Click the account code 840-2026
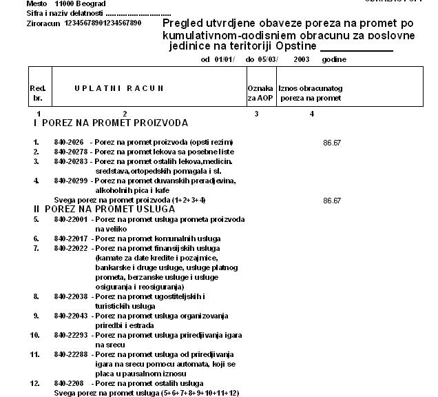click(69, 142)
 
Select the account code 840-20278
click(71, 152)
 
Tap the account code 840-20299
click(71, 181)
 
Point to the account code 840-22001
click(71, 219)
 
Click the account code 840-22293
click(71, 335)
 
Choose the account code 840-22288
click(71, 354)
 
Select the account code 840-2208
click(69, 383)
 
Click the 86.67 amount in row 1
click(332, 142)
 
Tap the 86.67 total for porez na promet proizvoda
click(332, 200)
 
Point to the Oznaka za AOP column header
click(260, 94)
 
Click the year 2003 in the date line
click(301, 60)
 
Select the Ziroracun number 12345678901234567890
click(103, 23)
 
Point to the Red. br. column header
click(38, 94)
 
